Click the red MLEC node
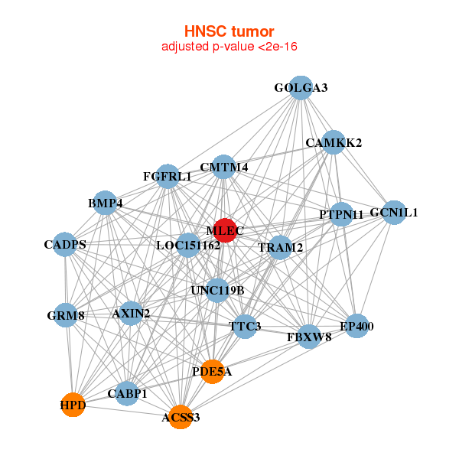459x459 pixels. pos(223,229)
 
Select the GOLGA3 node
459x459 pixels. pos(301,88)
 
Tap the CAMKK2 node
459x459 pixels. pos(334,142)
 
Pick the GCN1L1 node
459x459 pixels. pos(394,213)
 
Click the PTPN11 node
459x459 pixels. pos(342,214)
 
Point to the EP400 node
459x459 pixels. pos(356,327)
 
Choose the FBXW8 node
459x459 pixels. pos(309,337)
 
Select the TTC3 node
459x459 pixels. pos(246,327)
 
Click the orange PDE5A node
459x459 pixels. pos(212,372)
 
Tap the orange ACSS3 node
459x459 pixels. pos(181,417)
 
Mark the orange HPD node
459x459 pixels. pos(73,405)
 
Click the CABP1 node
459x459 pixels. pos(128,394)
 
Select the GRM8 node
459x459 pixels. pos(66,315)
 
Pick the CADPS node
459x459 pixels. pos(65,245)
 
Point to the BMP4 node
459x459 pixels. pos(105,203)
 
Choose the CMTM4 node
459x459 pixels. pos(223,167)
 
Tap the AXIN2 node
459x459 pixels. pos(131,313)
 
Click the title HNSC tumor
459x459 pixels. pos(229,31)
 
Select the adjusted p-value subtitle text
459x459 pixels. pos(229,47)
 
